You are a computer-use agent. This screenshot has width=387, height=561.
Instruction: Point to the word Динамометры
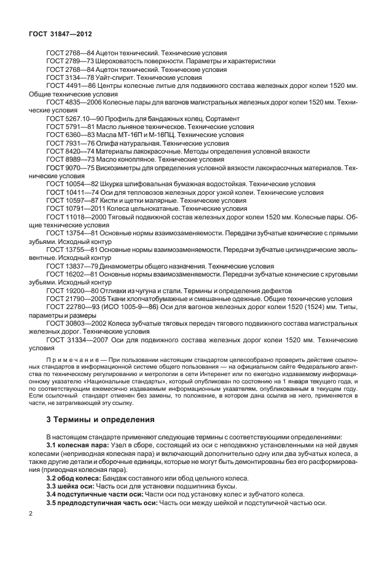coord(122,266)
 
